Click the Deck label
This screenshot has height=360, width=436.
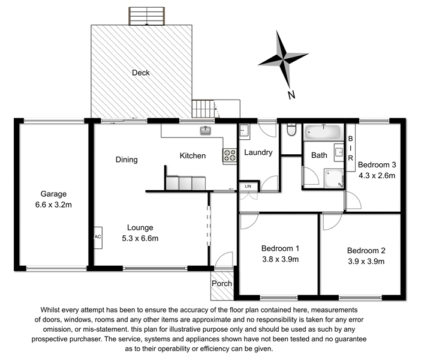click(141, 73)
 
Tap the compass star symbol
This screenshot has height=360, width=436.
click(283, 58)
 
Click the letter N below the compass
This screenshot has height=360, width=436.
click(291, 95)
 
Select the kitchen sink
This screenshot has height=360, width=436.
click(206, 130)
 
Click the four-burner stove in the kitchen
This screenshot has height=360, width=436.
click(230, 155)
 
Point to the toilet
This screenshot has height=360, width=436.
click(291, 130)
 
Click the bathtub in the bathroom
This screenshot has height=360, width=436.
click(323, 132)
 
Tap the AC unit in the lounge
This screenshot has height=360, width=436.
click(98, 238)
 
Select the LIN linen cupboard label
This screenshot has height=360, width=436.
click(248, 186)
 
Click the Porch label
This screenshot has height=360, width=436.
click(222, 283)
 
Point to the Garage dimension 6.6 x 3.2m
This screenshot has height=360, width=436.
click(53, 205)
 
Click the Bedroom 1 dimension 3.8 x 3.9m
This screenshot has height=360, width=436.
click(280, 259)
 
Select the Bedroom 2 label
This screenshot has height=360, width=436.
click(366, 251)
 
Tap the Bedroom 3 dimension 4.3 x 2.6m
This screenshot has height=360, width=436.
click(377, 176)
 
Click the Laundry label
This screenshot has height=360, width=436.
click(258, 152)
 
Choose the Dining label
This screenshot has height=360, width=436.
click(127, 160)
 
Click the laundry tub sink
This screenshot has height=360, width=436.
click(244, 130)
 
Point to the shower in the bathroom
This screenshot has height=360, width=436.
click(334, 178)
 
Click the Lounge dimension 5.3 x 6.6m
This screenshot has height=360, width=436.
click(140, 238)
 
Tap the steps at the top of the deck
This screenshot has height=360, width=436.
click(146, 16)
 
